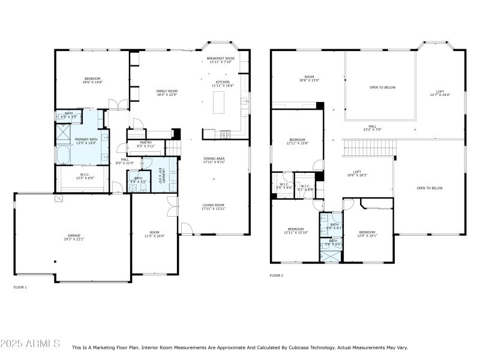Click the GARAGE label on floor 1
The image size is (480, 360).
pyautogui.click(x=75, y=238)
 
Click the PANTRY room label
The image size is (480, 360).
pyautogui.click(x=146, y=144)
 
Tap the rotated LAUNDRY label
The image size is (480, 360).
pyautogui.click(x=160, y=175)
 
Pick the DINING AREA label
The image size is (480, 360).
pyautogui.click(x=214, y=160)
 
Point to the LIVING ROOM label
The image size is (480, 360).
pyautogui.click(x=214, y=206)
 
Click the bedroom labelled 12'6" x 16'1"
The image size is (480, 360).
pyautogui.click(x=367, y=234)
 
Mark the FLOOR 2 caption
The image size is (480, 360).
pyautogui.click(x=276, y=275)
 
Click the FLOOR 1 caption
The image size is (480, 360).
pyautogui.click(x=20, y=287)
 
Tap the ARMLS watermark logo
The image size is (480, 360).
pyautogui.click(x=30, y=344)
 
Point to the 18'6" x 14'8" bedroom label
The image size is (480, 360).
pyautogui.click(x=92, y=80)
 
